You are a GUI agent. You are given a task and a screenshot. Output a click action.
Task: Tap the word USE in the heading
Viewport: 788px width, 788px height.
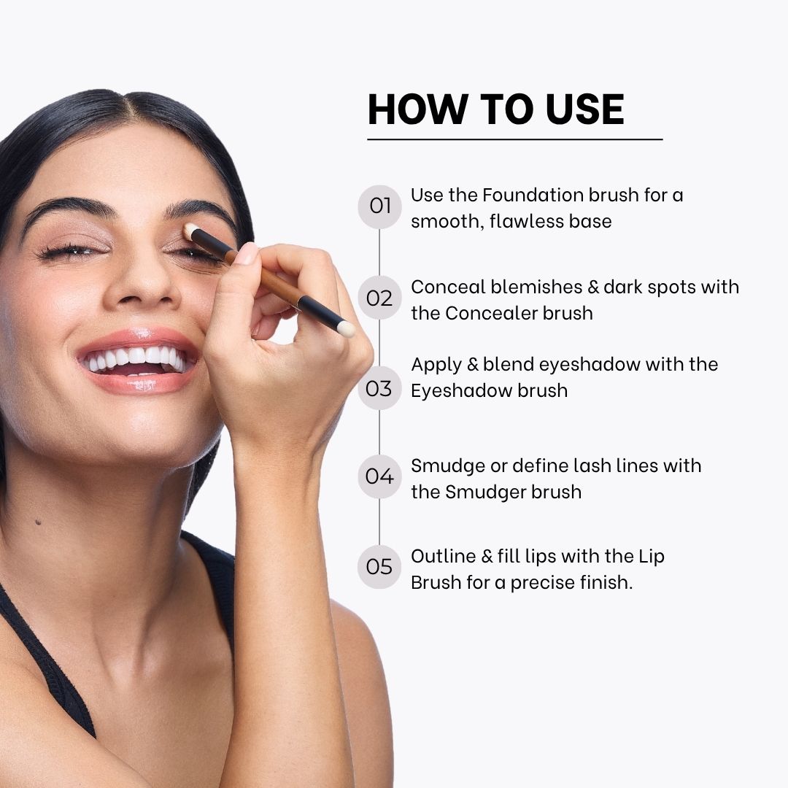pyautogui.click(x=584, y=109)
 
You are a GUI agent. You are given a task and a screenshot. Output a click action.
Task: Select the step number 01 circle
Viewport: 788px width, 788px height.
pyautogui.click(x=379, y=206)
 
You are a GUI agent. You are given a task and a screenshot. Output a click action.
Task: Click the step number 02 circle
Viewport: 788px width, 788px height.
pyautogui.click(x=379, y=298)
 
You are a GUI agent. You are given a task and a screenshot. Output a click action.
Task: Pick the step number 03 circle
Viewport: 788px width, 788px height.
pyautogui.click(x=379, y=388)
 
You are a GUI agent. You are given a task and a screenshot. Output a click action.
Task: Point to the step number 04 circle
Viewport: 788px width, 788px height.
pyautogui.click(x=379, y=476)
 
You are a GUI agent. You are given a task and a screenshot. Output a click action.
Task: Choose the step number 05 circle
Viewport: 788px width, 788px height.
pyautogui.click(x=379, y=567)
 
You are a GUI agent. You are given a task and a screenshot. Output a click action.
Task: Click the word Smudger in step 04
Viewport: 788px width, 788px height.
pyautogui.click(x=485, y=492)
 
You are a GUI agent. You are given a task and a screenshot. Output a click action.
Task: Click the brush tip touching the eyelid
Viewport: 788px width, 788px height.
pyautogui.click(x=190, y=231)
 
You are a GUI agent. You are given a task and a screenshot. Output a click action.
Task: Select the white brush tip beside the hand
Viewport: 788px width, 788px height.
pyautogui.click(x=346, y=329)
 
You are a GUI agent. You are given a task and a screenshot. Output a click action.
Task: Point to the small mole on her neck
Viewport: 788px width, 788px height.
pyautogui.click(x=38, y=522)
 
